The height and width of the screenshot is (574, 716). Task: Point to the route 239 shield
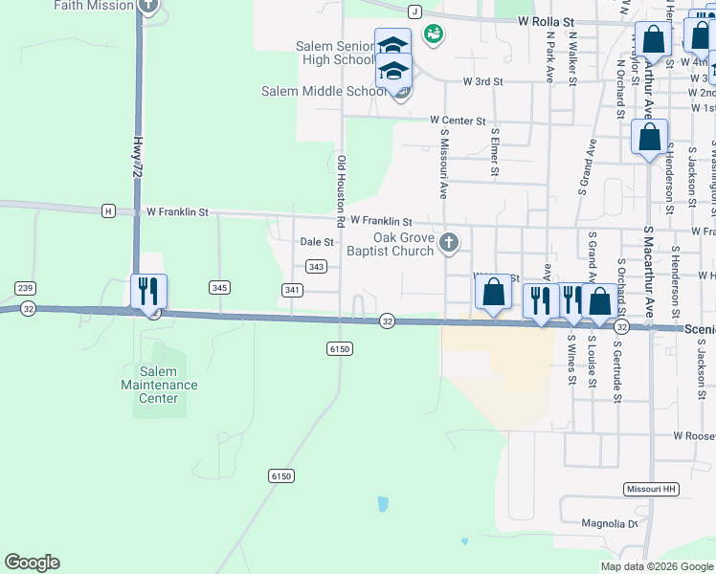[x=25, y=288]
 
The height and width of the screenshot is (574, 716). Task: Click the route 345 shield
[x=219, y=287]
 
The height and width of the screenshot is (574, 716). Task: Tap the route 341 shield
[x=293, y=289]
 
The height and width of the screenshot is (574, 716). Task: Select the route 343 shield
[x=318, y=266]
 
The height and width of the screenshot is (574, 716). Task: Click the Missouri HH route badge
[x=651, y=489]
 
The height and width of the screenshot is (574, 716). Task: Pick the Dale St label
[x=317, y=243]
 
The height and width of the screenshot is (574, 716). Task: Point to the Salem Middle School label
[x=324, y=92]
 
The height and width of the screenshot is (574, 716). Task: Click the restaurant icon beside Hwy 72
[x=148, y=291]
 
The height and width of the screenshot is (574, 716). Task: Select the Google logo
[x=32, y=563]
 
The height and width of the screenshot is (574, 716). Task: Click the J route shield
[x=414, y=11]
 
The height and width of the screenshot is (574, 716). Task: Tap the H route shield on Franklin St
[x=108, y=210]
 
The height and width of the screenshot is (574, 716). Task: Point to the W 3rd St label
[x=482, y=82]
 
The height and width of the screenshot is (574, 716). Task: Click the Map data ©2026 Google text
[x=656, y=566]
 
